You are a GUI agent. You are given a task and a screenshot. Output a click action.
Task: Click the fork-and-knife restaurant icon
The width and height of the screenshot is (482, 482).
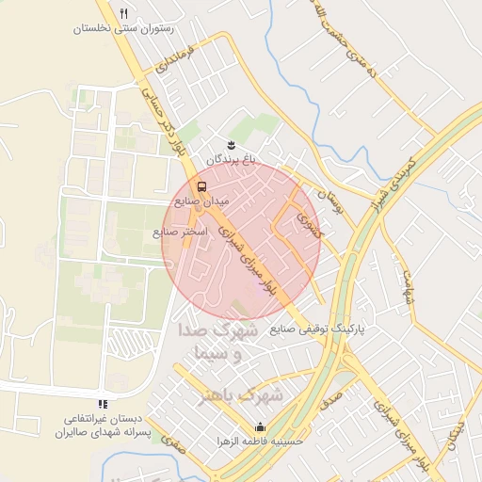click(x=123, y=13)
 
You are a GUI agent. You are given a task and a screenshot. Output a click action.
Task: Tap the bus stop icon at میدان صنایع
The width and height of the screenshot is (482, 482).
click(x=201, y=185)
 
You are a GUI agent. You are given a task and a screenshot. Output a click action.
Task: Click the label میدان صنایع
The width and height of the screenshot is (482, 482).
click(x=197, y=201)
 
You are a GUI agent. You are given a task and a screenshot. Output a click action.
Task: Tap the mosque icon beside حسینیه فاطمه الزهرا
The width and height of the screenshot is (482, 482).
click(x=260, y=426)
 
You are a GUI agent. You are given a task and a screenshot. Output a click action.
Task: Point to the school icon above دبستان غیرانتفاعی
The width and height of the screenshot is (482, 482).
click(x=103, y=404)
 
